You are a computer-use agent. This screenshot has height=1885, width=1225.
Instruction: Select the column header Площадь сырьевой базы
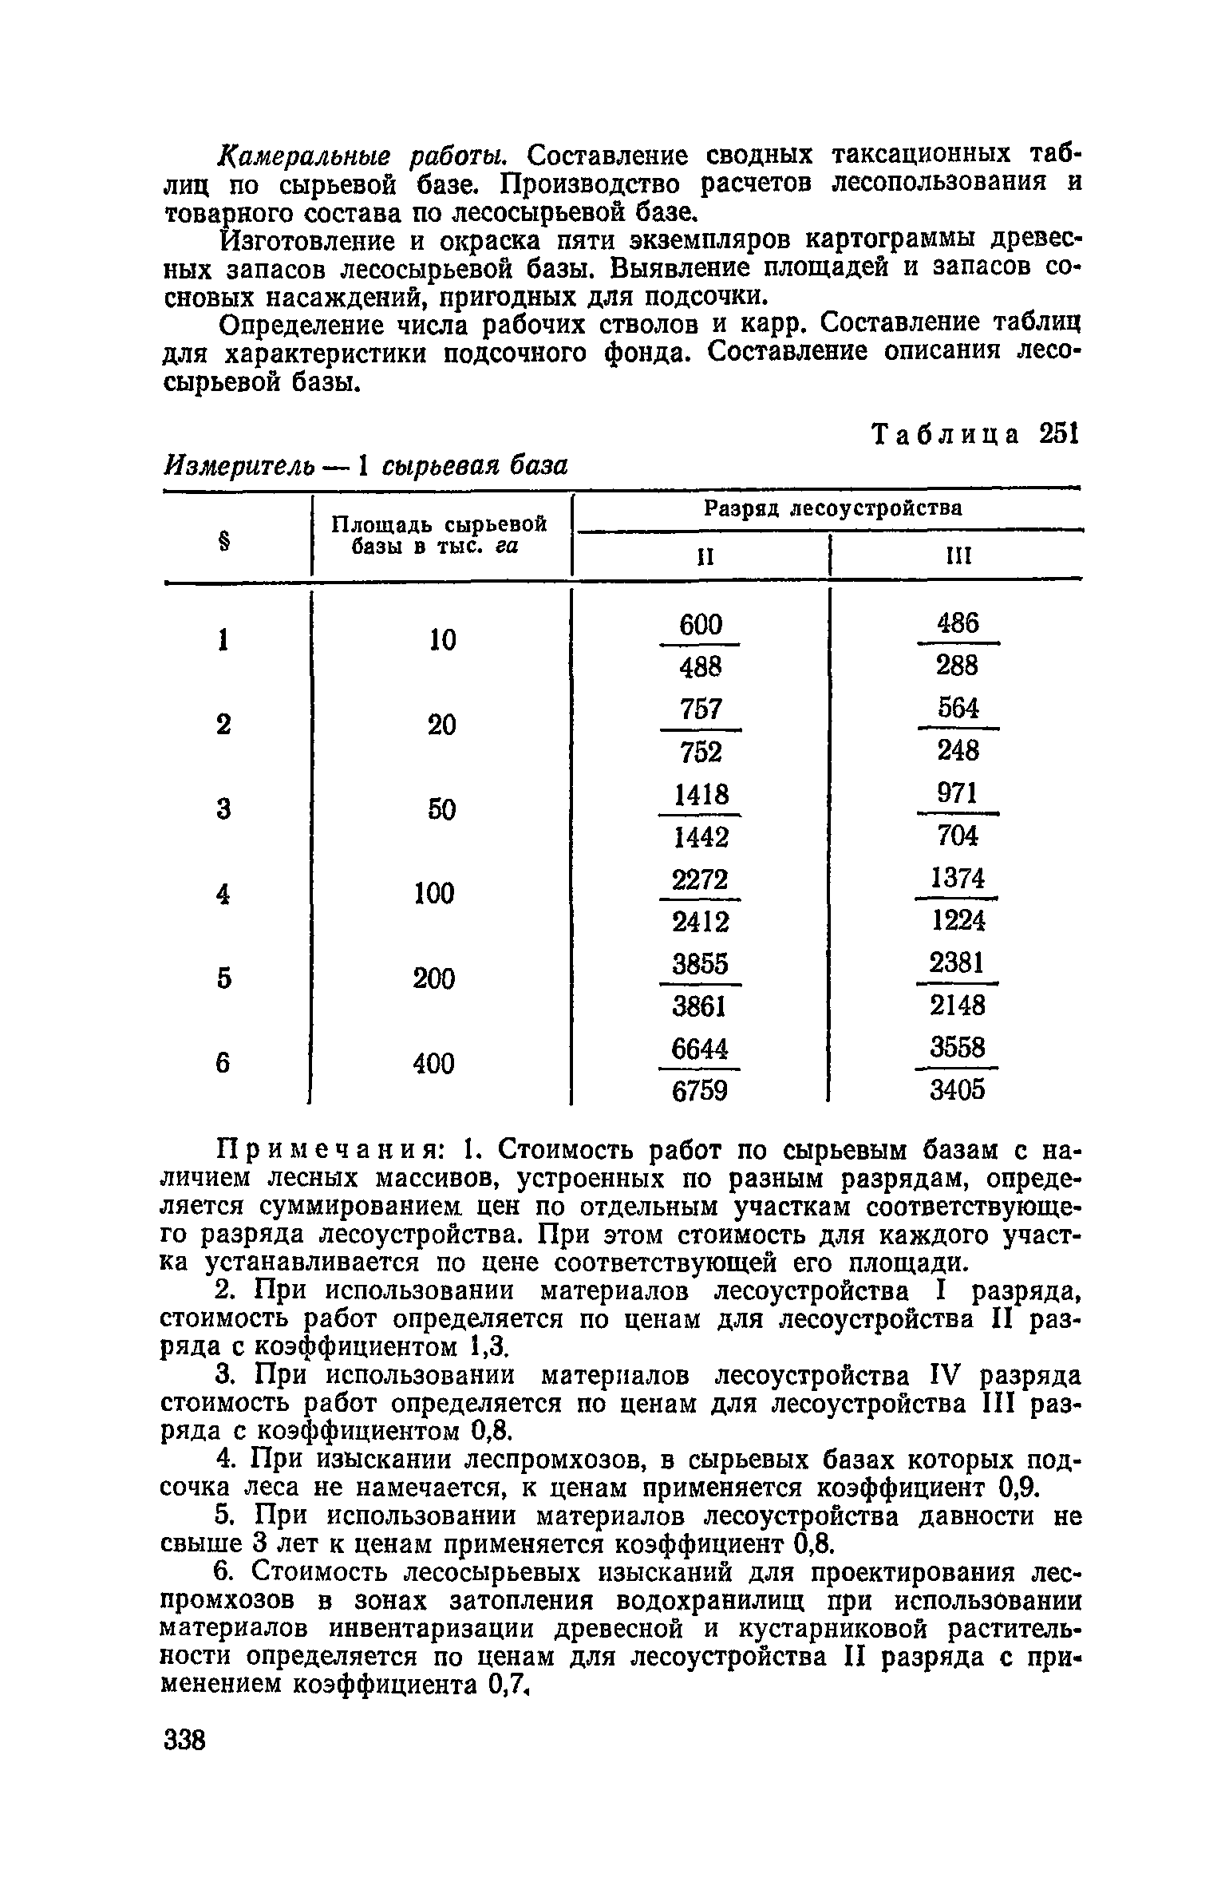point(439,535)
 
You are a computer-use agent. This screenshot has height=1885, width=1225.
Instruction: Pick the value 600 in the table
point(700,624)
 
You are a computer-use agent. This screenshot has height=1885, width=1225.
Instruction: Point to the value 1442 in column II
point(701,836)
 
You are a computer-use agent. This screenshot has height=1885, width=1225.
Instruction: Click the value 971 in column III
point(957,794)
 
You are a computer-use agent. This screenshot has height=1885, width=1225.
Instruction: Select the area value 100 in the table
point(434,893)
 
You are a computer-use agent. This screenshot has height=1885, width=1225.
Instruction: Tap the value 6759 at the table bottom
point(700,1091)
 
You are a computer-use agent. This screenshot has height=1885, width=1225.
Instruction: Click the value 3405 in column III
point(958,1089)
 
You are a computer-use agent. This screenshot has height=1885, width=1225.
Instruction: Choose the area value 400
point(434,1063)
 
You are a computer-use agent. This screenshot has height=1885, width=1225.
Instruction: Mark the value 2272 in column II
point(700,879)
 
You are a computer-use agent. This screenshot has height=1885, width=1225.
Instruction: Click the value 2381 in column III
point(957,963)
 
